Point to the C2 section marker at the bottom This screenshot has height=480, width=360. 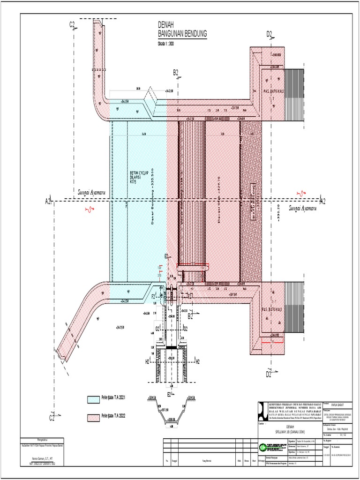click(x=52, y=417)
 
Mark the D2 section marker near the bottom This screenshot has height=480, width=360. click(x=269, y=374)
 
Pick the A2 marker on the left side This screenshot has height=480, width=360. click(x=48, y=201)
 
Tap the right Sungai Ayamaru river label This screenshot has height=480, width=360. click(x=302, y=208)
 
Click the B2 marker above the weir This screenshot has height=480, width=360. click(x=176, y=72)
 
